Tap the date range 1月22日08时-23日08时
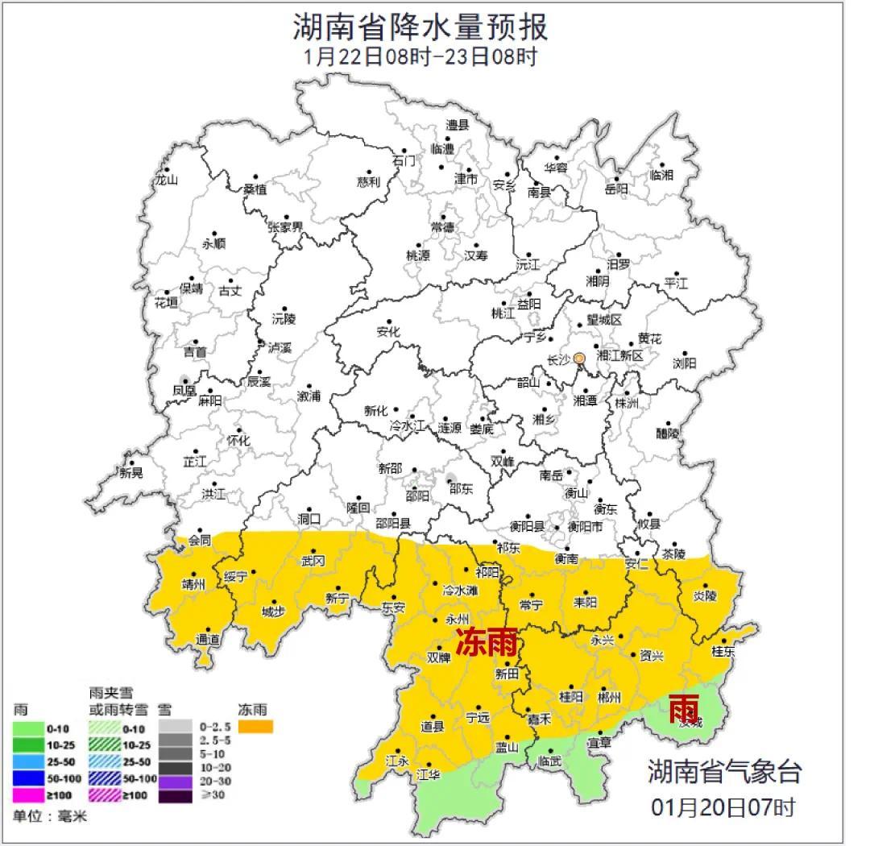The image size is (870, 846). pos(420,57)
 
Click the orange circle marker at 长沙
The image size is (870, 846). pos(579,359)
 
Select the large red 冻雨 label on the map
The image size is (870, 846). pos(487,642)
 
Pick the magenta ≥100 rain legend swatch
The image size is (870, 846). pos(29,795)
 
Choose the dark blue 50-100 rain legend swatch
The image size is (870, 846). pos(29,778)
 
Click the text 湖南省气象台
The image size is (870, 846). pos(725,771)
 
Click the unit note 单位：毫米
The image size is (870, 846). pos(49,816)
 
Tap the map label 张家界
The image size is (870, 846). pos(285,226)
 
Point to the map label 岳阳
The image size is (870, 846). pos(615,189)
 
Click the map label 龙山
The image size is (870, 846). pos(165,180)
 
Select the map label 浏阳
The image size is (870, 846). pos(684,363)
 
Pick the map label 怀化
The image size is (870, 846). pos(238,440)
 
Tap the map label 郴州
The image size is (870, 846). pos(610,697)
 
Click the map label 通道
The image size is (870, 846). pos(208,640)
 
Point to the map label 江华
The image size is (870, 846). pos(428,775)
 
